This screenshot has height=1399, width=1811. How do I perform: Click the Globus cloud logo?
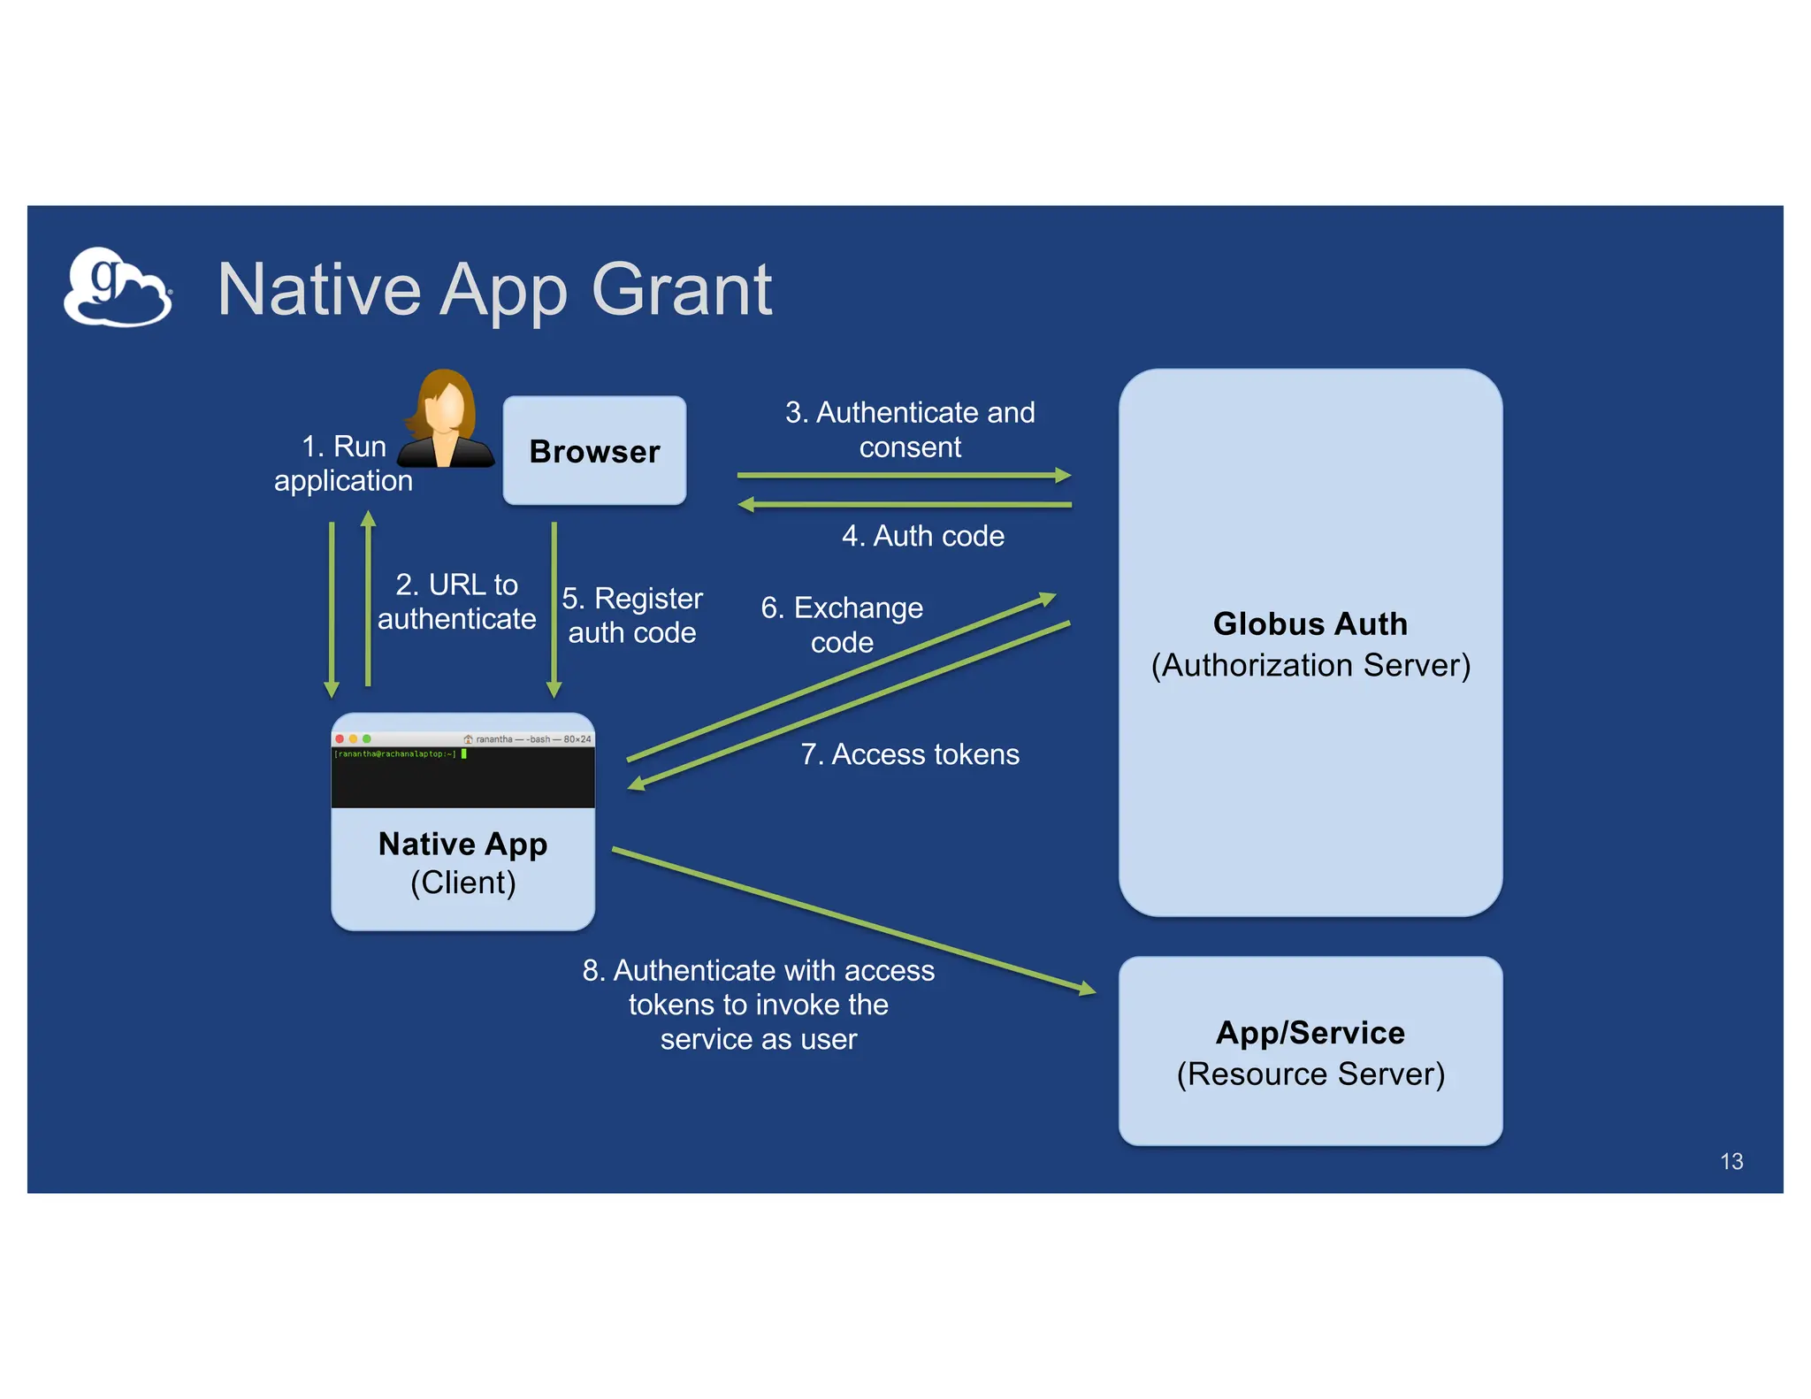pyautogui.click(x=117, y=287)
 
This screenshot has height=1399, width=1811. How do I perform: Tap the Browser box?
pyautogui.click(x=594, y=451)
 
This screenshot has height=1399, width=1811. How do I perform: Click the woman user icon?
pyautogui.click(x=446, y=420)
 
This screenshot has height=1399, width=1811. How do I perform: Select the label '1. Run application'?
pyautogui.click(x=343, y=463)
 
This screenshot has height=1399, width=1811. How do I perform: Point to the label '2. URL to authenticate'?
pyautogui.click(x=456, y=601)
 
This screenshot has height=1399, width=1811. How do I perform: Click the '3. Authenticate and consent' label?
pyautogui.click(x=910, y=429)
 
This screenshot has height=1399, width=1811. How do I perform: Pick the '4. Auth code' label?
pyautogui.click(x=922, y=536)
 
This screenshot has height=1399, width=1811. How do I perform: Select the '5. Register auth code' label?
pyautogui.click(x=631, y=615)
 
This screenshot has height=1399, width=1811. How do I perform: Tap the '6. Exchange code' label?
pyautogui.click(x=842, y=624)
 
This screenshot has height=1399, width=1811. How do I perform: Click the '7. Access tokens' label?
pyautogui.click(x=910, y=754)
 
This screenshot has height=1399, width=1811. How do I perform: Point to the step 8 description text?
pyautogui.click(x=758, y=1005)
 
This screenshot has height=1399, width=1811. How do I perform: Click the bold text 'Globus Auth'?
pyautogui.click(x=1310, y=623)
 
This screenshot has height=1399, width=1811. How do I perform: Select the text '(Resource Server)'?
pyautogui.click(x=1310, y=1074)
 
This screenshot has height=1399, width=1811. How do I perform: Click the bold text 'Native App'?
pyautogui.click(x=462, y=844)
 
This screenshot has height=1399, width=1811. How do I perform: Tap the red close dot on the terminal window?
pyautogui.click(x=340, y=738)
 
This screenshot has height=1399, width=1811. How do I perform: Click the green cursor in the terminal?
pyautogui.click(x=464, y=754)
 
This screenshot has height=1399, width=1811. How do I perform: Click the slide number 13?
pyautogui.click(x=1731, y=1161)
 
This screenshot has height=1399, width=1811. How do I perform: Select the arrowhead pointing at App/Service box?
pyautogui.click(x=1087, y=990)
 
